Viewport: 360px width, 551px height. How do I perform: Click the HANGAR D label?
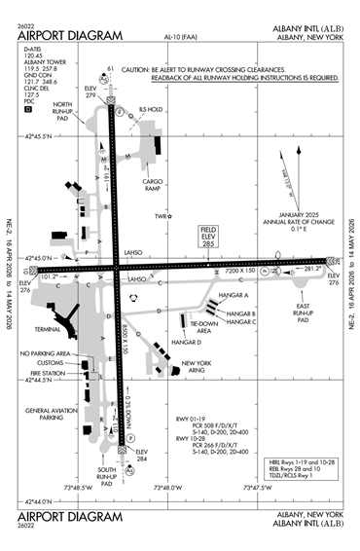pos(188,342)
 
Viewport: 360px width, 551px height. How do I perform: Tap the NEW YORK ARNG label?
pos(198,368)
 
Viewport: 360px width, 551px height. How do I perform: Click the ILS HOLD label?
pos(151,110)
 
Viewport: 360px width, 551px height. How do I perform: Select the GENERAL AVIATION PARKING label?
pos(52,414)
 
